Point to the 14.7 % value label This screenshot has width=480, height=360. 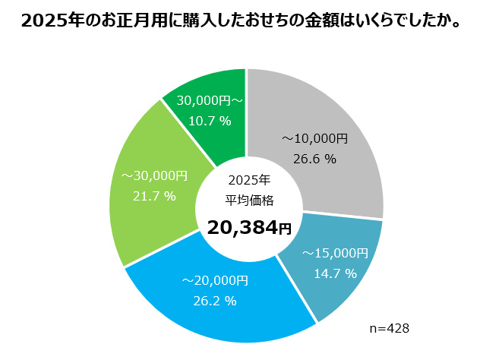click(335, 273)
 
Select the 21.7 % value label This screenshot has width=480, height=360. click(154, 196)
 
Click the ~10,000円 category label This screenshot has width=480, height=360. click(314, 139)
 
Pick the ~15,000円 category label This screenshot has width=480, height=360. click(335, 253)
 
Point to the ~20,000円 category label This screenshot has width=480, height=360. click(215, 280)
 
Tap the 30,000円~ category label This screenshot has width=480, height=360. click(209, 100)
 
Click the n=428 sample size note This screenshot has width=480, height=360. click(390, 327)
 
